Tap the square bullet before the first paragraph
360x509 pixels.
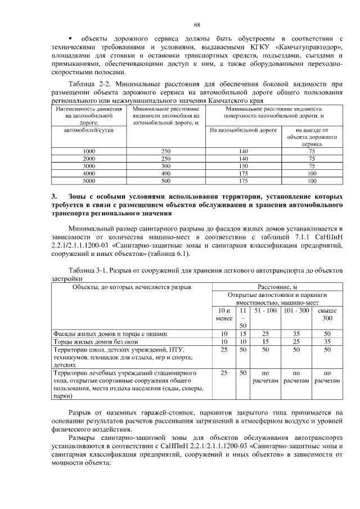(x=70, y=38)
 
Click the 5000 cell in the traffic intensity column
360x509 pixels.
(x=89, y=181)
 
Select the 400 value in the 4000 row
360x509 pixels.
(x=165, y=174)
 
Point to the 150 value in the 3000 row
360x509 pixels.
(x=243, y=166)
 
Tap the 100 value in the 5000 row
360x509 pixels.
(x=312, y=181)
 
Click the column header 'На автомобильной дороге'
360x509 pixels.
(x=243, y=130)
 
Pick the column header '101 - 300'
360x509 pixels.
(x=296, y=310)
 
